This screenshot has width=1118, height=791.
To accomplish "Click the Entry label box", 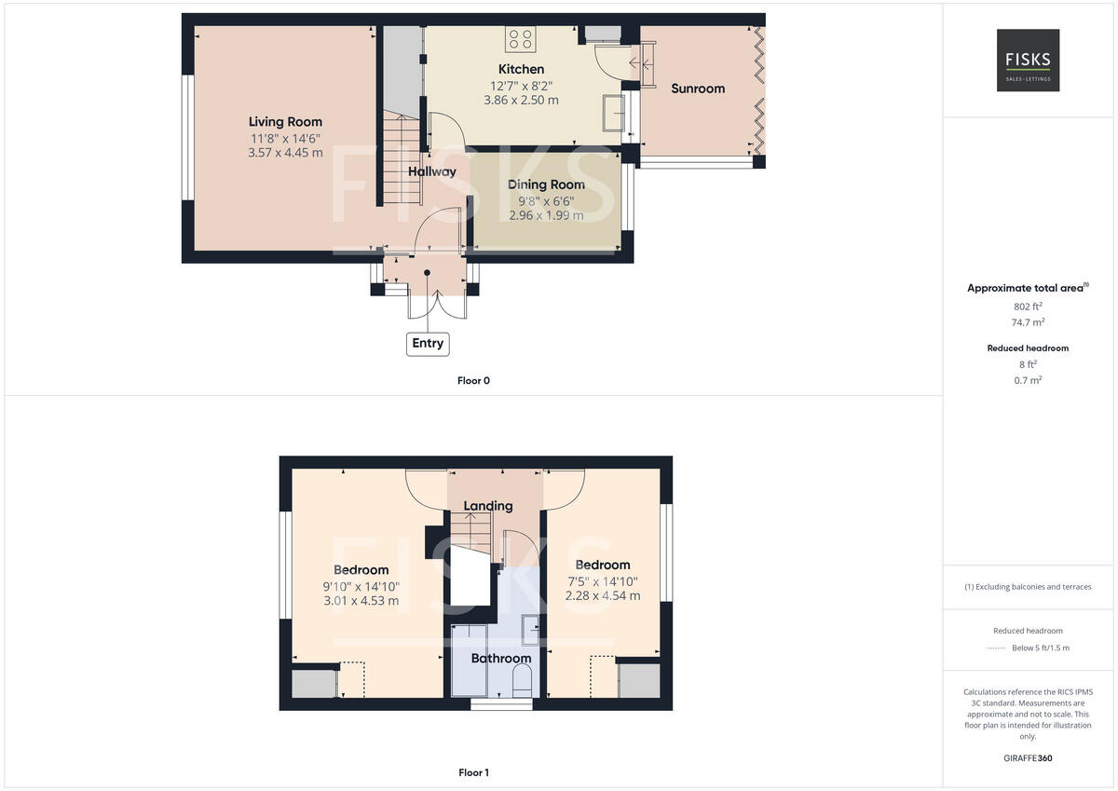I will click(428, 343).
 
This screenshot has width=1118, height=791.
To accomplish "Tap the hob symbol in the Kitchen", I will click(520, 38).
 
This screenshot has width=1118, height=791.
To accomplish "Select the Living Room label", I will click(285, 122).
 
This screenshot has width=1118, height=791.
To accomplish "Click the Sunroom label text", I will click(698, 89).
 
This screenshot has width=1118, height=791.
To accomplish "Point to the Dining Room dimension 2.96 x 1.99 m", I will click(547, 215).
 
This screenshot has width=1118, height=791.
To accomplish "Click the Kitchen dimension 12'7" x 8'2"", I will click(521, 85).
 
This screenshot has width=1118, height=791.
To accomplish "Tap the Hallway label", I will click(432, 171).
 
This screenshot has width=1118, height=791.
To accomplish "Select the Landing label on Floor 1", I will click(488, 506).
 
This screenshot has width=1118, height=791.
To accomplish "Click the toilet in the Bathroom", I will click(522, 680).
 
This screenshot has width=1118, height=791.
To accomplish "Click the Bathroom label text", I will click(500, 659).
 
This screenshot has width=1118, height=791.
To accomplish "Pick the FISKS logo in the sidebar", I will click(1028, 61).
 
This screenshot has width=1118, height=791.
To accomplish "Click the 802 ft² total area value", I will click(1028, 306).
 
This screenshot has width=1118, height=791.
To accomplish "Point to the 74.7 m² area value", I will click(1028, 321).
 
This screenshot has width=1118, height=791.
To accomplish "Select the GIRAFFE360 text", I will click(1028, 757).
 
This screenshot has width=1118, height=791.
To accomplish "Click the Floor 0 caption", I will click(473, 380).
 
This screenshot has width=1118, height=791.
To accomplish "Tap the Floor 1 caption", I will click(473, 772).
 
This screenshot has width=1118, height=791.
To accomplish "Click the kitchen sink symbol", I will click(613, 111).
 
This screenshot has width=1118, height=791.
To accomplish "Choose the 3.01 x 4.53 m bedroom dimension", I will click(361, 601).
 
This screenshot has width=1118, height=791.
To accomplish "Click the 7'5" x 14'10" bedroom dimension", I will click(602, 581).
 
